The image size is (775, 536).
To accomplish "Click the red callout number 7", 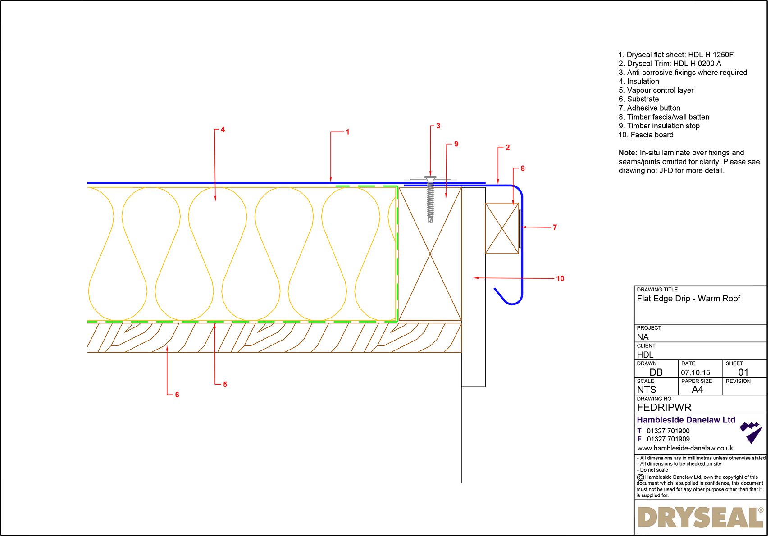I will pyautogui.click(x=555, y=227).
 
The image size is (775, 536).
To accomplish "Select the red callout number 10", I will pyautogui.click(x=560, y=278).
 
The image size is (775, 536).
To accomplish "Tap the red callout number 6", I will pyautogui.click(x=177, y=395).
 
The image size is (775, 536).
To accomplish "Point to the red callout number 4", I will pyautogui.click(x=223, y=130).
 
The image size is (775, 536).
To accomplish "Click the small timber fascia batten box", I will pyautogui.click(x=501, y=228).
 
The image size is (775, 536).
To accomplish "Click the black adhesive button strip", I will pyautogui.click(x=520, y=228).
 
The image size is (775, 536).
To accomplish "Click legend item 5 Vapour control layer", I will pyautogui.click(x=656, y=90).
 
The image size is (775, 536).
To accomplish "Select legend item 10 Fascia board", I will pyautogui.click(x=646, y=135).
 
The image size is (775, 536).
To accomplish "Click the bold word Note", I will pyautogui.click(x=628, y=153).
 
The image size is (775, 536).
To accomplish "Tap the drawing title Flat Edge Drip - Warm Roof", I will pyautogui.click(x=688, y=299).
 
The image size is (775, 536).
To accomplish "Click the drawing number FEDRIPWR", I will pyautogui.click(x=664, y=407).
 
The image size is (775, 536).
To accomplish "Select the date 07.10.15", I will pyautogui.click(x=695, y=372).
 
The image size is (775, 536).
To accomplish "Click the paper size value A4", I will pyautogui.click(x=697, y=390).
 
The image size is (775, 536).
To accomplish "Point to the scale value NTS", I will pyautogui.click(x=646, y=390).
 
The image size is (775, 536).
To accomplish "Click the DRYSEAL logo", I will pyautogui.click(x=700, y=518).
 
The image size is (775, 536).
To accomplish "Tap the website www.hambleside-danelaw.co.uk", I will pyautogui.click(x=685, y=448).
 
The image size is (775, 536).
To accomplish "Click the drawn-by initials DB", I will pyautogui.click(x=656, y=372).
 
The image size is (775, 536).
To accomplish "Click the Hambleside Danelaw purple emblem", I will pyautogui.click(x=751, y=432).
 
